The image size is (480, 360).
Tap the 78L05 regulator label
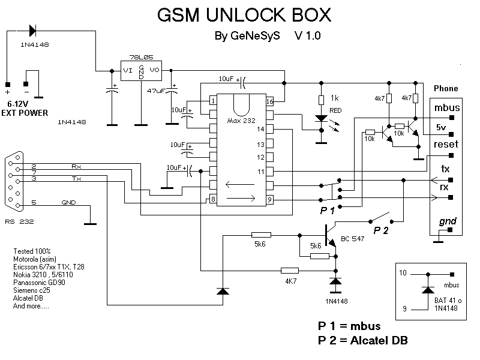tap(141, 57)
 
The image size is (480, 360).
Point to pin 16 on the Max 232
tap(270, 101)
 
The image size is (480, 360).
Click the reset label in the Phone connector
tap(445, 144)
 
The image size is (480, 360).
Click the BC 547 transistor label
tap(353, 239)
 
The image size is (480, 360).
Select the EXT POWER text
tap(26, 113)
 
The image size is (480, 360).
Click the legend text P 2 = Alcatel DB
tap(363, 341)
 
